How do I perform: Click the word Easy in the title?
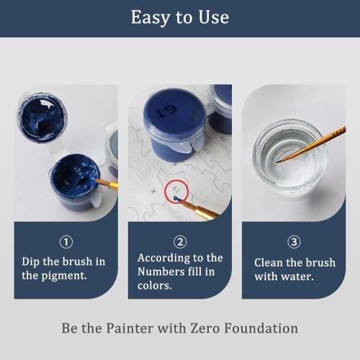[148, 17]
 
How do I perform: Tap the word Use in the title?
[213, 17]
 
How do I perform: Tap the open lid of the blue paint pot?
[41, 115]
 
